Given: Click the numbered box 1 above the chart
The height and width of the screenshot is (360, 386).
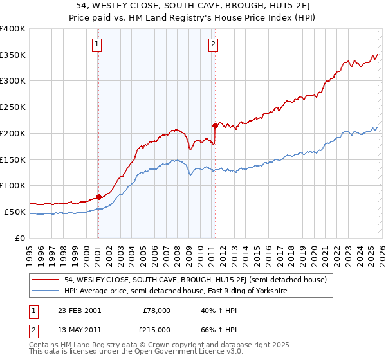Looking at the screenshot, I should [96, 44].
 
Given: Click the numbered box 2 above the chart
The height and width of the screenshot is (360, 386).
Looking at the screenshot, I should [213, 44].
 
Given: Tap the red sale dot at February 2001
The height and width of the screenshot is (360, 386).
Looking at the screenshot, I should [98, 197].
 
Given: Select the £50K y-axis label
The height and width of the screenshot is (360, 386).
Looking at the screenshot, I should [15, 212].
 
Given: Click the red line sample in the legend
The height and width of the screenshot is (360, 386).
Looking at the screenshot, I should [46, 280].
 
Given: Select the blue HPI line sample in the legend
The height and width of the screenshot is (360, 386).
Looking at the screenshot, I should [46, 291].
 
